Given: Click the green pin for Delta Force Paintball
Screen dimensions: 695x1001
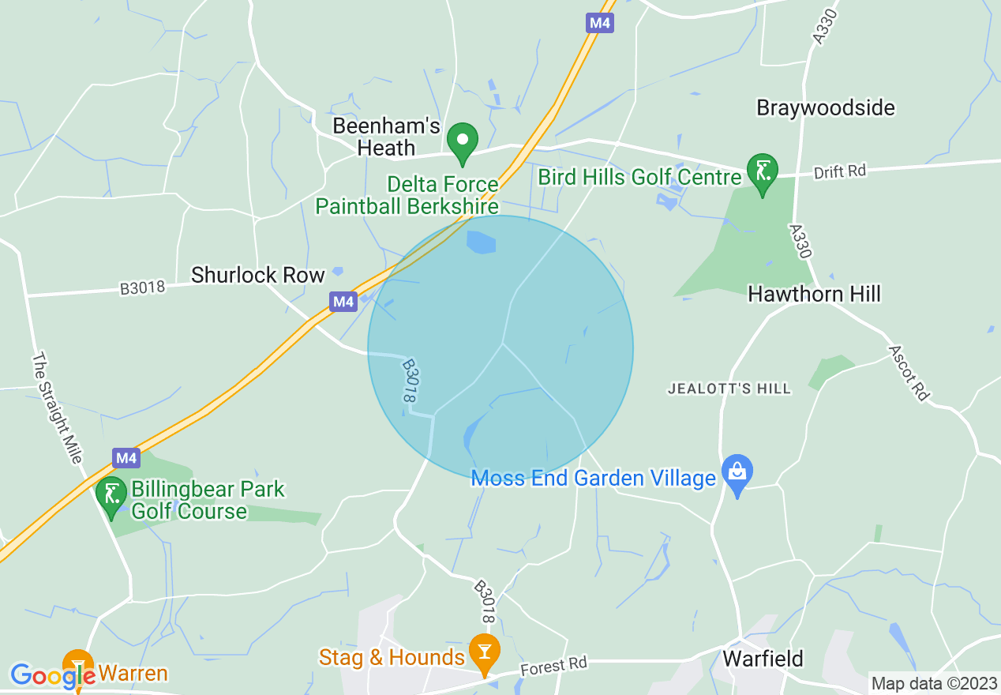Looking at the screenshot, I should point(463,141).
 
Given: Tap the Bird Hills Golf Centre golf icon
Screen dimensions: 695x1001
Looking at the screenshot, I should point(763,171).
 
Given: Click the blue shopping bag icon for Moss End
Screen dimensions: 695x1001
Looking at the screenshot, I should point(737,472).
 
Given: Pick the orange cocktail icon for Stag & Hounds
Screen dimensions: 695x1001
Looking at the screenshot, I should point(484,651).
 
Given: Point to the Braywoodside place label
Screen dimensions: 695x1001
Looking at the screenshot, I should point(826,107).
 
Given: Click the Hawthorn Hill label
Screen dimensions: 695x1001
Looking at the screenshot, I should point(814,295).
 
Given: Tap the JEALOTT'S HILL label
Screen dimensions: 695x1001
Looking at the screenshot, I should point(729,389).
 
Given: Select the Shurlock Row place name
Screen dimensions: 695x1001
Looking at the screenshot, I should point(258,275).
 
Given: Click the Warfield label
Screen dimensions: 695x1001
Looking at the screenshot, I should point(763,658).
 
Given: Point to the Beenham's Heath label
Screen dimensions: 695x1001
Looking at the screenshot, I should point(374,137).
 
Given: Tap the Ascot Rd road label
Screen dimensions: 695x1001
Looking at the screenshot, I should point(908,373).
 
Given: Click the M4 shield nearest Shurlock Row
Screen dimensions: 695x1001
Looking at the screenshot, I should point(343,301).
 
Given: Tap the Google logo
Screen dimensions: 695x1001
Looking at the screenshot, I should point(52,675).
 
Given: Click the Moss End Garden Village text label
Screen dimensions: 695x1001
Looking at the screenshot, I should point(593,478).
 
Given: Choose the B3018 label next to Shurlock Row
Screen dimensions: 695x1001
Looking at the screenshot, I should point(143,287).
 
